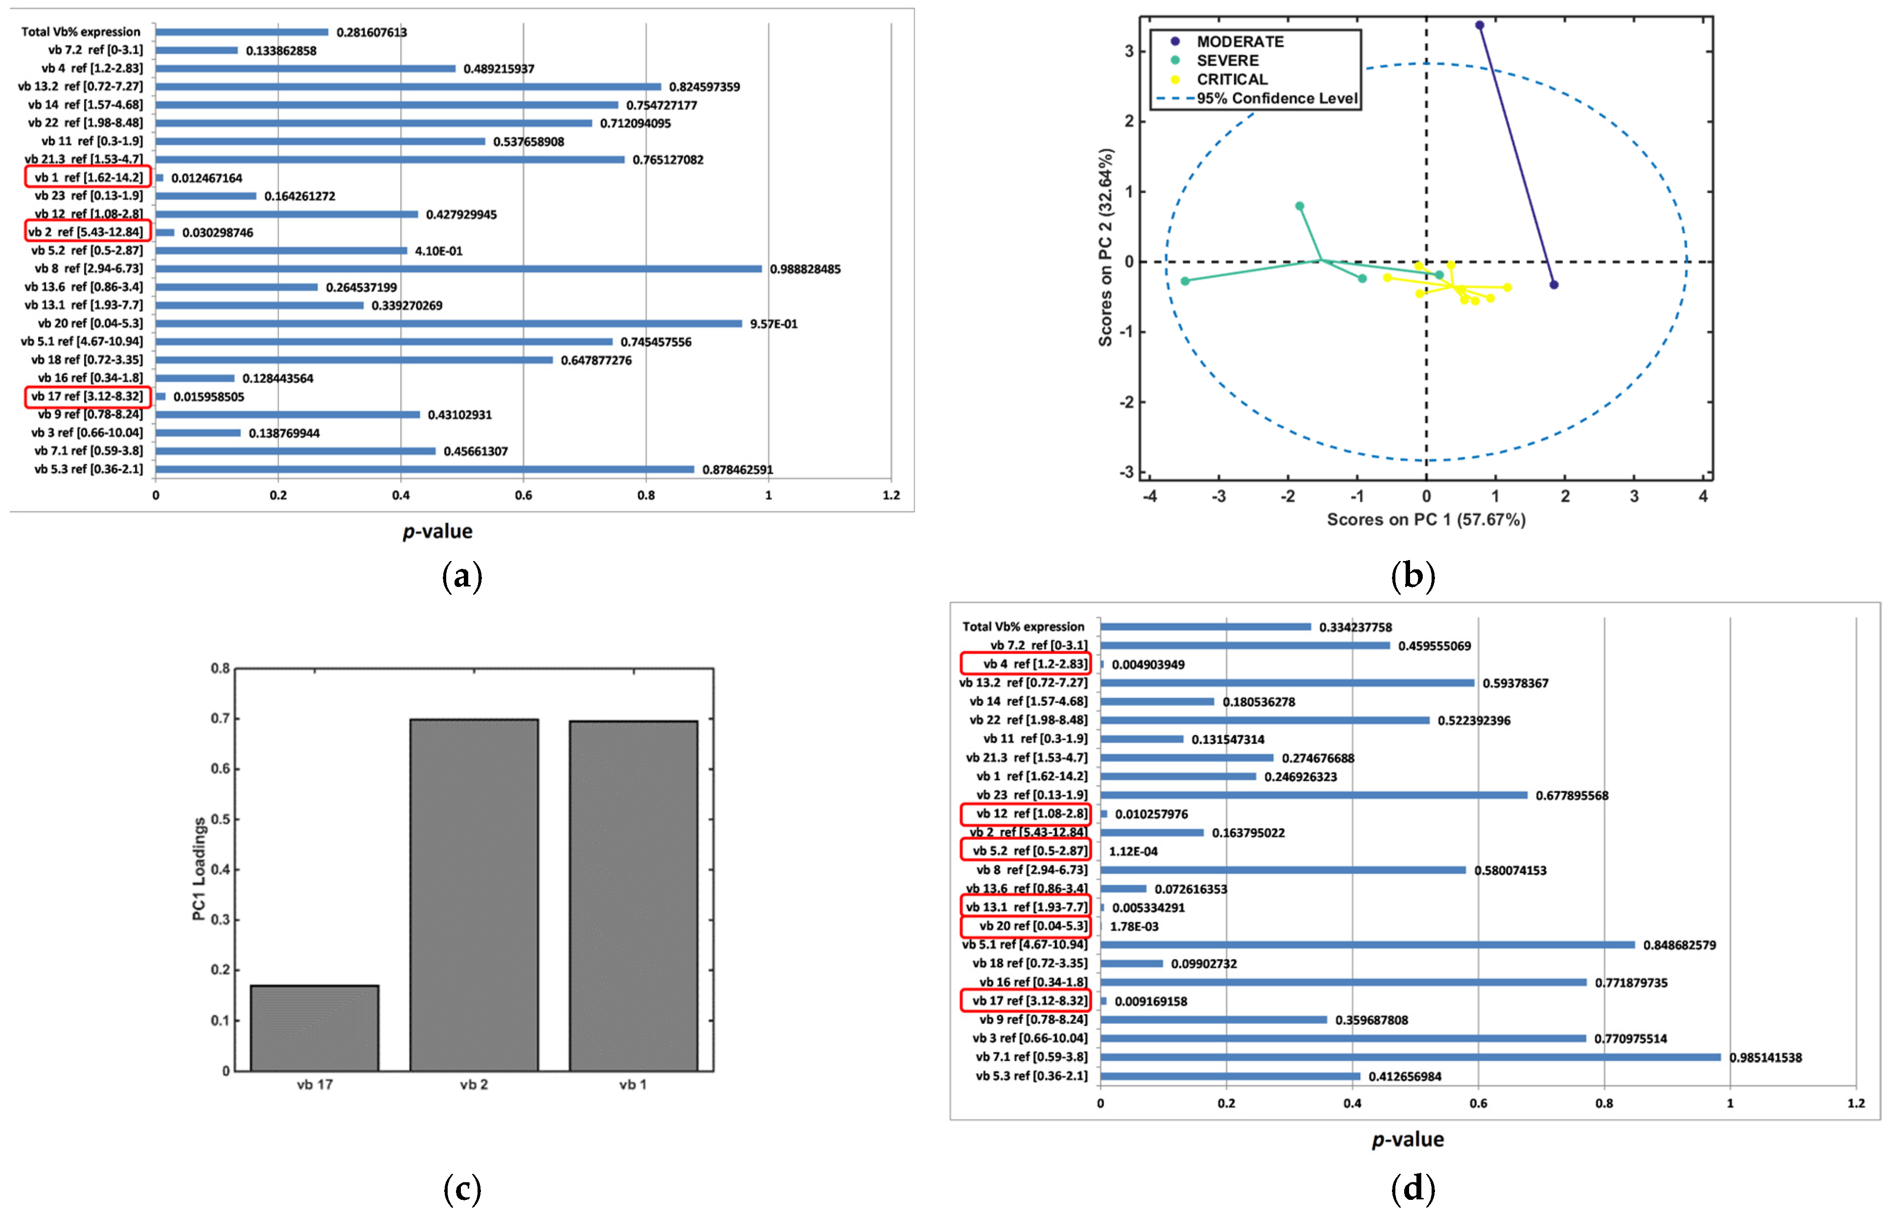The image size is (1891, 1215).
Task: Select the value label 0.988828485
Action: tap(805, 269)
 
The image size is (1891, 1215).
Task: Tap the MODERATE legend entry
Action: tap(1239, 41)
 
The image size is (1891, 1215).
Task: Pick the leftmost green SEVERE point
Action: tap(1185, 281)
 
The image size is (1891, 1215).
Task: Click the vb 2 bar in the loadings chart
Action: tap(474, 894)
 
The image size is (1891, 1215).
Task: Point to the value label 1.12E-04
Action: tap(1133, 851)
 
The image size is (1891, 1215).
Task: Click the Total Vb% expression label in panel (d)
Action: tap(1023, 627)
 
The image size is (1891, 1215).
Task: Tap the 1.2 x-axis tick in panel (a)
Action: tap(891, 495)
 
